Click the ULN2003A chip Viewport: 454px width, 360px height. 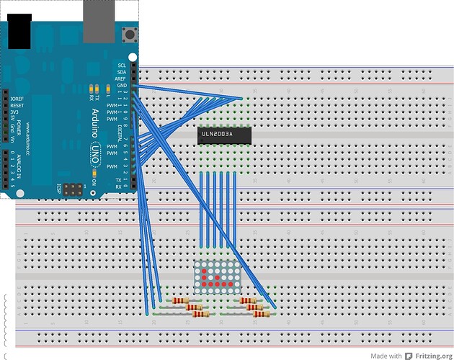coord(224,134)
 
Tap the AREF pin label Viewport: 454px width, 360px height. coord(122,78)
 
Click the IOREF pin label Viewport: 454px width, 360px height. coord(18,98)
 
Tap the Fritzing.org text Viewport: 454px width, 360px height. coord(434,355)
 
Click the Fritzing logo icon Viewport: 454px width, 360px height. coord(409,355)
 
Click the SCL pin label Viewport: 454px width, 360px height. coord(122,66)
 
